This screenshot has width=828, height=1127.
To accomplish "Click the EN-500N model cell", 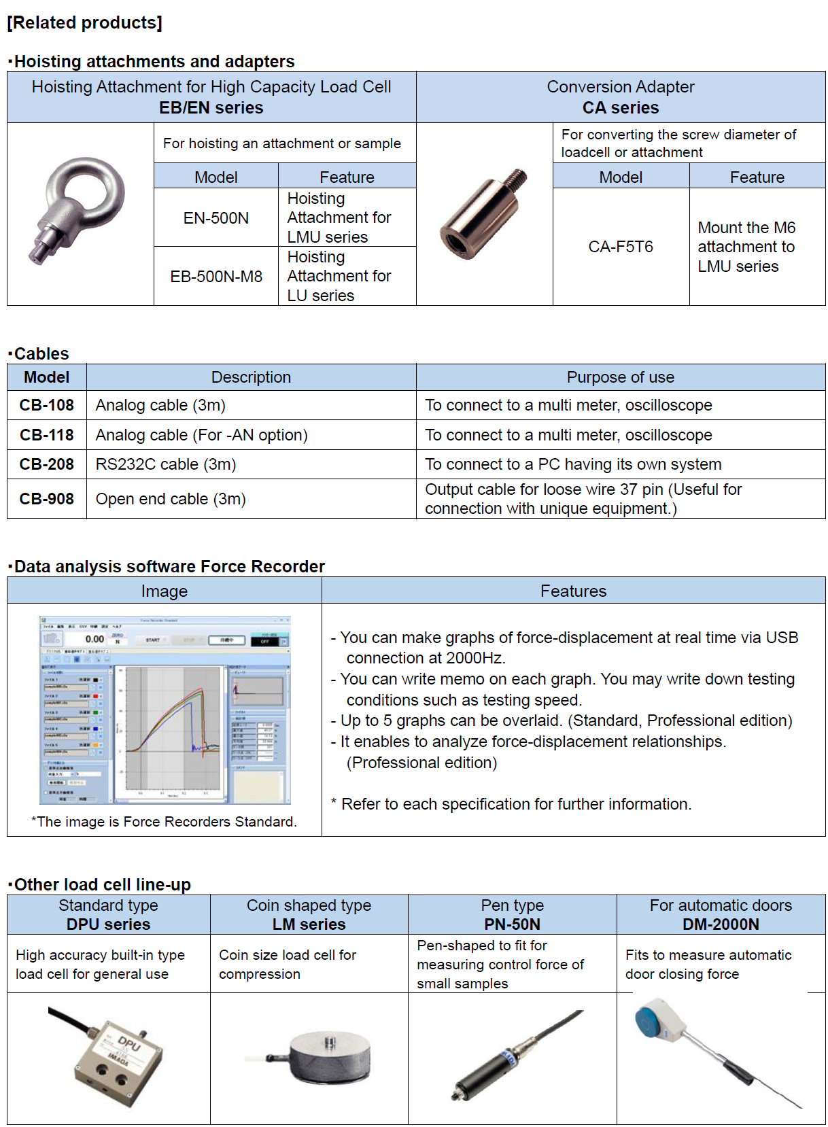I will [216, 218].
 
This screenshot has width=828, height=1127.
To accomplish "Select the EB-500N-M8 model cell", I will [216, 277].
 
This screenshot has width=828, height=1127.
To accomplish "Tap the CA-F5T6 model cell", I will [621, 247].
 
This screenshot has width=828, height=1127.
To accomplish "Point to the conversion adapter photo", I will [483, 213].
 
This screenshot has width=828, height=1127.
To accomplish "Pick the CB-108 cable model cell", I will [47, 405].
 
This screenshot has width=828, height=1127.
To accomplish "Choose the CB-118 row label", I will [47, 435].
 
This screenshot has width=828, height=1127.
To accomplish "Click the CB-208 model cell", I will [47, 464].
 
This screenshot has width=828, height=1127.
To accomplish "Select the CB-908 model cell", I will [47, 499].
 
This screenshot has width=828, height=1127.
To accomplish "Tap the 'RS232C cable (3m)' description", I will [166, 464].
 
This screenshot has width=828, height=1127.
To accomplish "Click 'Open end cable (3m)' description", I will [171, 499].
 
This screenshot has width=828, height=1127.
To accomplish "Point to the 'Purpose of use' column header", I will [621, 377].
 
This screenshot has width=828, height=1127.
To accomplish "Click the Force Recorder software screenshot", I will [165, 710].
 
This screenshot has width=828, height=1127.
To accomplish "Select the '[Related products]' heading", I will [85, 22].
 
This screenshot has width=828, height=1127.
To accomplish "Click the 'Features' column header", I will [573, 591].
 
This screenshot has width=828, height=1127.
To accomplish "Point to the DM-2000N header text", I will [721, 924].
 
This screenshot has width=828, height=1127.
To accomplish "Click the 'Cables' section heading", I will [41, 353].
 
